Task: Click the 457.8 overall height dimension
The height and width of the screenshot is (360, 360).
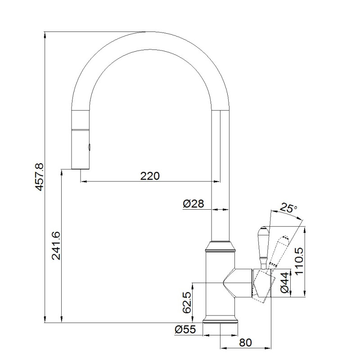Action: pos(39,177)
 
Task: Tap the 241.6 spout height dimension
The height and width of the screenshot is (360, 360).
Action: pos(56,246)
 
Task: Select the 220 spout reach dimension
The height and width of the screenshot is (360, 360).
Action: pos(150,176)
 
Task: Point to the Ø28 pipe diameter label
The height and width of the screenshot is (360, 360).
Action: pos(193,204)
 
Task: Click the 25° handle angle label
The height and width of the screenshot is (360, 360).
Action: pos(288,208)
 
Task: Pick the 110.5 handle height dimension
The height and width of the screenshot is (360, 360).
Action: pos(299,261)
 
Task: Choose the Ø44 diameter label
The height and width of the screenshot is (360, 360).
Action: pos(285,283)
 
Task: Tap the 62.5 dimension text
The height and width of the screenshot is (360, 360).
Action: pos(187,302)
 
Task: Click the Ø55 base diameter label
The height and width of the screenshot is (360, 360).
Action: pos(185,329)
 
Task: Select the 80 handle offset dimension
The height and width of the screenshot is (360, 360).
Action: pos(245,342)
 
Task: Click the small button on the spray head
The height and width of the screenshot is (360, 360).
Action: pos(89,146)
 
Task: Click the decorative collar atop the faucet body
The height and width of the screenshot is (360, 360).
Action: pos(220,247)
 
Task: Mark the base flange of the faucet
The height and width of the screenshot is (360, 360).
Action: pos(220,321)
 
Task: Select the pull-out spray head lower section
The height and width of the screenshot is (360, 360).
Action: pos(80,150)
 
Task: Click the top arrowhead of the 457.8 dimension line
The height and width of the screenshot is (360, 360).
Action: pos(45,35)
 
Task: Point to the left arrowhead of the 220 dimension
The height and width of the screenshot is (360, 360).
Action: pos(84,182)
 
